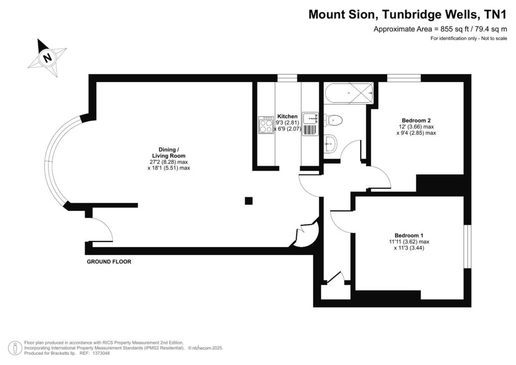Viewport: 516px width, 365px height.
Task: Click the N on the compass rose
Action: [47, 57]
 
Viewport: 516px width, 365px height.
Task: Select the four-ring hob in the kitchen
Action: [266, 125]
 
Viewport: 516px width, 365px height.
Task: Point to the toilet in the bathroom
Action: [334, 119]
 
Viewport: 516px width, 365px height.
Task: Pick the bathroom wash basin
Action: [331, 144]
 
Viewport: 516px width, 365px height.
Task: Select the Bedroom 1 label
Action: [409, 235]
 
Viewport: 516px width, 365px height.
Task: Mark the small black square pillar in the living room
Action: [248, 201]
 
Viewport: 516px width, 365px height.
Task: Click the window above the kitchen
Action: [287, 78]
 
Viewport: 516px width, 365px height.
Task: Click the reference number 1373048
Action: [99, 353]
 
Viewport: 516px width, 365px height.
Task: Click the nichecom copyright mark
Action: [207, 348]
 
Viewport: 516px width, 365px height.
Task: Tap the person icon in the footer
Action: [17, 348]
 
